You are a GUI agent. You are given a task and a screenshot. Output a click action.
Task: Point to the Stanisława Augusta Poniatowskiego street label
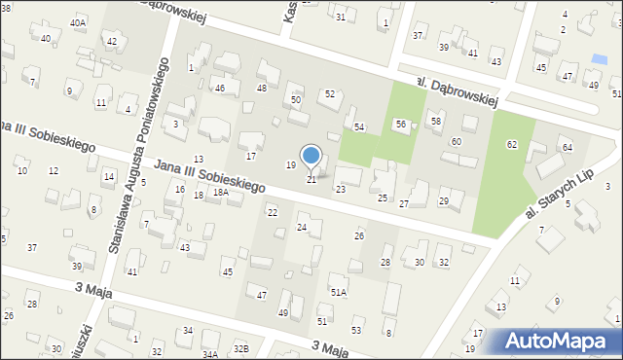click(x=138, y=155)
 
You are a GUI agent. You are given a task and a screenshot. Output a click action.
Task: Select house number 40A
click(x=78, y=21)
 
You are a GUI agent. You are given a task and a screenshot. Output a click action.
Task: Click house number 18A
click(x=221, y=193)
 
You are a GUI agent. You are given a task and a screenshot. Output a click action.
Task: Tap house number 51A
click(x=339, y=291)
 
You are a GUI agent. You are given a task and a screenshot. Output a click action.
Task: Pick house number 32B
click(x=240, y=348)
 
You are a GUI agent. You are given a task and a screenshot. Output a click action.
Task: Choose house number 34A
click(x=209, y=355)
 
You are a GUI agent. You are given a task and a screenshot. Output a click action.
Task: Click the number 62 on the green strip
click(x=512, y=144)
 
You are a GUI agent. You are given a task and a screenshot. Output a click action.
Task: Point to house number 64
click(x=567, y=147)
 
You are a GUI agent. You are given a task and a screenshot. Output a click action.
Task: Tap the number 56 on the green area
click(x=400, y=125)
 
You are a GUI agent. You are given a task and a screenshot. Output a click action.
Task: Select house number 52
click(x=330, y=93)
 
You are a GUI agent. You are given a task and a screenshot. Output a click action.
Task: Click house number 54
click(x=359, y=127)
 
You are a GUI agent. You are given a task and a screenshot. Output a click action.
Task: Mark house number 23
click(x=340, y=189)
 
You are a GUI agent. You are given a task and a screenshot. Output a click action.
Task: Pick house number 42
click(x=112, y=41)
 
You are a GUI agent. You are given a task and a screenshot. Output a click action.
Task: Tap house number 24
click(x=302, y=228)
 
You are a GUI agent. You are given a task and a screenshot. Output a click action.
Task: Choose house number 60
click(x=456, y=142)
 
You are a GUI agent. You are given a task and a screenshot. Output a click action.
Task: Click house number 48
click(x=261, y=89)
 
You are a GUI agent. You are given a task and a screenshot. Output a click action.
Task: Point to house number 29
click(x=444, y=201)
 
